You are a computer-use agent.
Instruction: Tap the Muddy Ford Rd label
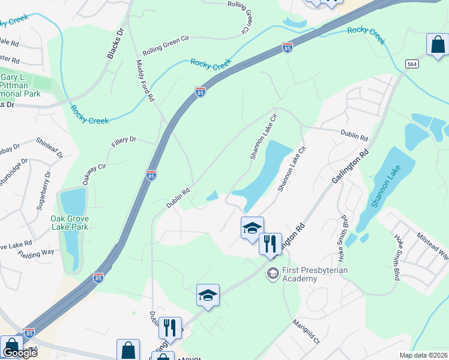pos(145,80)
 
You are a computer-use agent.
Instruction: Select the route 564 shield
pos(412,64)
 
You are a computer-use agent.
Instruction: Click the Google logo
pos(19,353)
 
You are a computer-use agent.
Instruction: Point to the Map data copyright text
pos(424,355)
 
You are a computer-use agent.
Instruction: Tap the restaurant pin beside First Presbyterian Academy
pos(271,243)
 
